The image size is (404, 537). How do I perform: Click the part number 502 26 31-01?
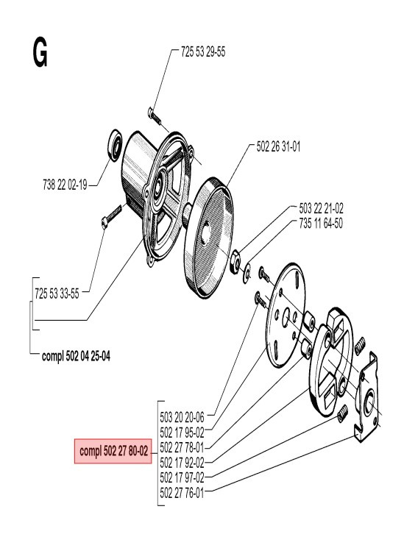pyautogui.click(x=278, y=146)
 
